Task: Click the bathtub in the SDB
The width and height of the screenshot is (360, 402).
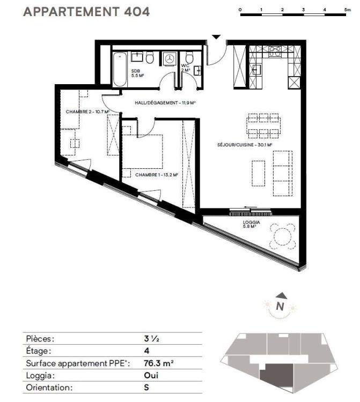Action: click(x=120, y=69)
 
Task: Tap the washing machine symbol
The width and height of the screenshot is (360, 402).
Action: click(x=169, y=59)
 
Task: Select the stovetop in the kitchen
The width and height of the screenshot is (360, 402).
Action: click(x=275, y=51)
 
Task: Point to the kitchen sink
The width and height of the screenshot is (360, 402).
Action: click(x=256, y=70)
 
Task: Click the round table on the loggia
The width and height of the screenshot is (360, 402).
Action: click(x=282, y=236)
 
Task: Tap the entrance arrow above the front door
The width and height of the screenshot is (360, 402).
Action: click(x=216, y=37)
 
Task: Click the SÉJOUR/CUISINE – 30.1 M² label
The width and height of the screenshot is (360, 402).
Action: click(x=245, y=145)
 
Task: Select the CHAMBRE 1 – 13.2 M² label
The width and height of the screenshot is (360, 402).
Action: click(x=157, y=175)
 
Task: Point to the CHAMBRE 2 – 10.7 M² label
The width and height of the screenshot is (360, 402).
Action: click(x=87, y=112)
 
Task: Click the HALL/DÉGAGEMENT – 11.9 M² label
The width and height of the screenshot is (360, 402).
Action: click(x=165, y=103)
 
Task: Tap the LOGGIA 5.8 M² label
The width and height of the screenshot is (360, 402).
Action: click(x=251, y=225)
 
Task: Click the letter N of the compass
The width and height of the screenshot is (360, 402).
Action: click(x=280, y=306)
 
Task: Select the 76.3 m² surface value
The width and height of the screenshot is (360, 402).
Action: click(x=159, y=363)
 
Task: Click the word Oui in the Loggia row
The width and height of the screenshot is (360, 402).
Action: click(x=151, y=375)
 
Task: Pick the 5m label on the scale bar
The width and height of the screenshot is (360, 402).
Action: click(x=348, y=10)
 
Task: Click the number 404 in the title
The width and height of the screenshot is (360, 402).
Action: click(x=137, y=12)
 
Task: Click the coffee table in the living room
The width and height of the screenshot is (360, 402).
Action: click(x=259, y=173)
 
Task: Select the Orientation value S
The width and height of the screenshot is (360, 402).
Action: click(x=146, y=388)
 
